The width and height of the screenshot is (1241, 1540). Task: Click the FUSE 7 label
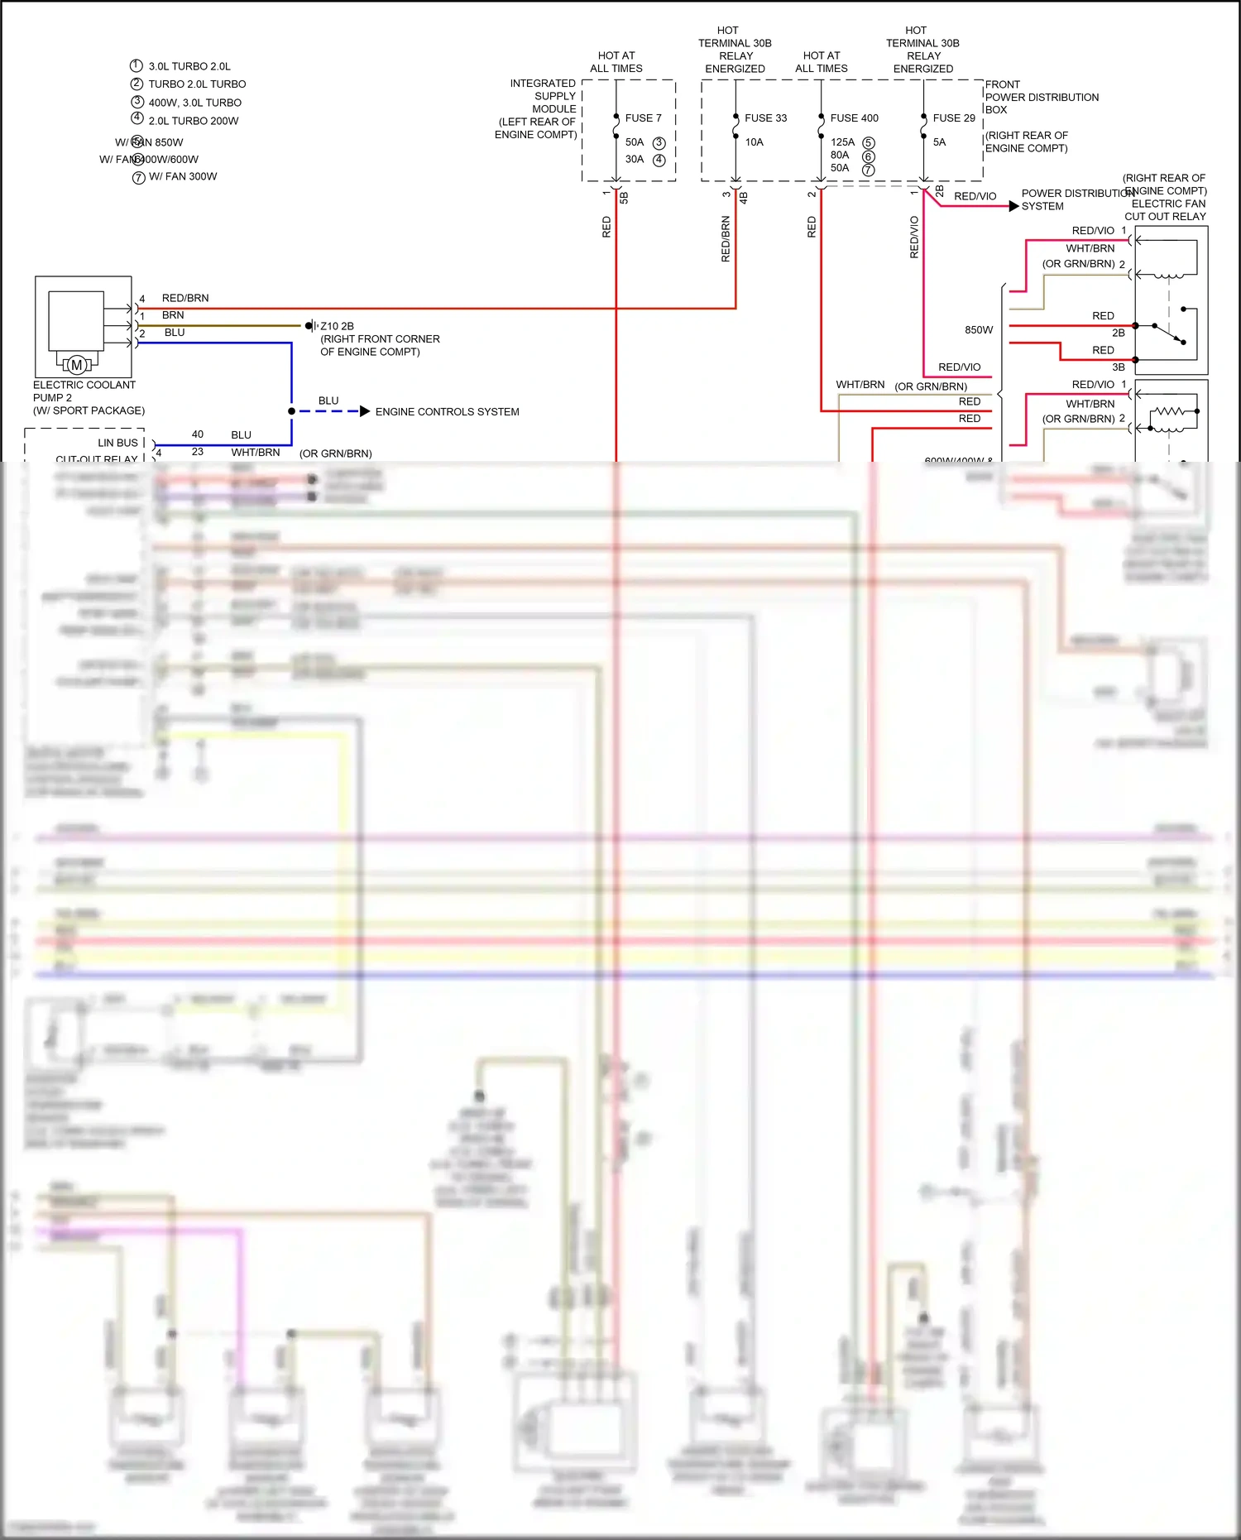[x=643, y=118]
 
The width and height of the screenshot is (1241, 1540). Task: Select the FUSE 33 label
[x=765, y=118]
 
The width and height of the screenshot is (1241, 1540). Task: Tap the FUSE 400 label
[x=854, y=118]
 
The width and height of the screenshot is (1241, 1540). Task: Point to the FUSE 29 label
[x=953, y=118]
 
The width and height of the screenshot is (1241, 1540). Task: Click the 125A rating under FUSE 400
[x=842, y=142]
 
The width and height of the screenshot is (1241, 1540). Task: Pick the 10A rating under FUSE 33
[x=754, y=142]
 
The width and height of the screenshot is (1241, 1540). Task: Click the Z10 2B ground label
[x=337, y=326]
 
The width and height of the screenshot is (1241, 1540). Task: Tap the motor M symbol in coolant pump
[x=77, y=365]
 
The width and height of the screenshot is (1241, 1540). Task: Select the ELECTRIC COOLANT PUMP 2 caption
[x=84, y=391]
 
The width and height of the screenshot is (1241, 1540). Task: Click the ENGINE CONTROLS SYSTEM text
[x=447, y=412]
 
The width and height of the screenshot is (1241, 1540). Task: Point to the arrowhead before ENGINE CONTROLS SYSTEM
[x=365, y=411]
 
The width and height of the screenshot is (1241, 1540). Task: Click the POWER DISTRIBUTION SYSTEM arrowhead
[x=1013, y=206]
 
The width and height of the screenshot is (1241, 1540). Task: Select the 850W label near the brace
[x=978, y=330]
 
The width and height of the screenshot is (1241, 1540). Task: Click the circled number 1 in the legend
[x=137, y=65]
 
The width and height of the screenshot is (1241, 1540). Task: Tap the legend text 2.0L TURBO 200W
[x=193, y=121]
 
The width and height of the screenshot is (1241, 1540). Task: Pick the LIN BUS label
[x=117, y=443]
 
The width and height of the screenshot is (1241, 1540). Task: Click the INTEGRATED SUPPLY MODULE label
[x=542, y=108]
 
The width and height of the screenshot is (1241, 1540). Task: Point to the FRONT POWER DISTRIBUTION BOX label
[x=1041, y=97]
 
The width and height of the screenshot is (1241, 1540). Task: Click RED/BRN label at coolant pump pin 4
[x=185, y=298]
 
